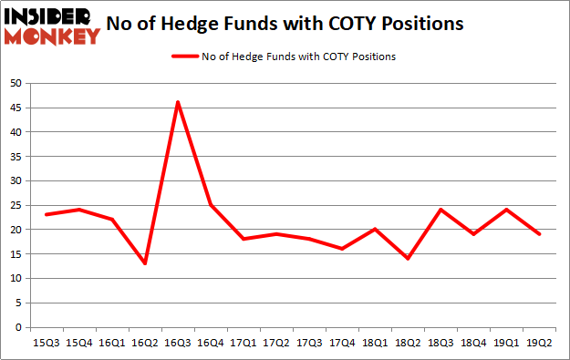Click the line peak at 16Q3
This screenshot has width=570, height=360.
178,102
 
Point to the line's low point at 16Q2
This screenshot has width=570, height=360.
145,263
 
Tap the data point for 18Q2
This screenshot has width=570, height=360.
408,259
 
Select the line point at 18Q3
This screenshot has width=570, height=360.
440,210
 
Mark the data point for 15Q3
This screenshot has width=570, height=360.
47,214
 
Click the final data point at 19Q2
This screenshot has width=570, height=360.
539,234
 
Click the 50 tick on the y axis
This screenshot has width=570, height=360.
16,83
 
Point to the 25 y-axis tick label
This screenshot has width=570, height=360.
16,205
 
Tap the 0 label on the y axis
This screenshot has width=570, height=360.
18,327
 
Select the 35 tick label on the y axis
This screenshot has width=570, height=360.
16,156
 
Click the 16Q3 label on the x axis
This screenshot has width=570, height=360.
178,343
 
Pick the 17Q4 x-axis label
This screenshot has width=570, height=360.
342,343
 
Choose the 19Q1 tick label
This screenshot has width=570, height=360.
506,343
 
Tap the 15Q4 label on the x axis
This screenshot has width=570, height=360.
79,343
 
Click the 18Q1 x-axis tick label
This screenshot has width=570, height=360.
375,343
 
